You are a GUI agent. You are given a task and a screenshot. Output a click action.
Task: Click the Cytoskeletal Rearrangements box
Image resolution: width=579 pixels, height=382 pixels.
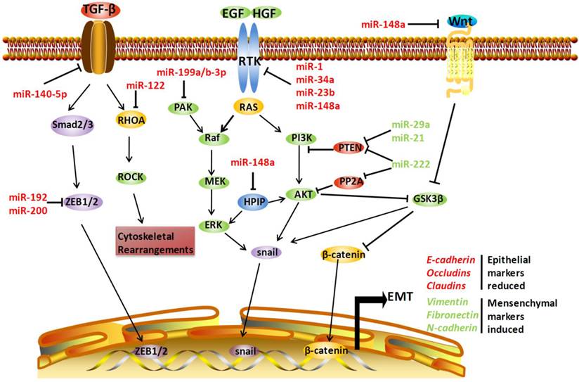click(x=155, y=240)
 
